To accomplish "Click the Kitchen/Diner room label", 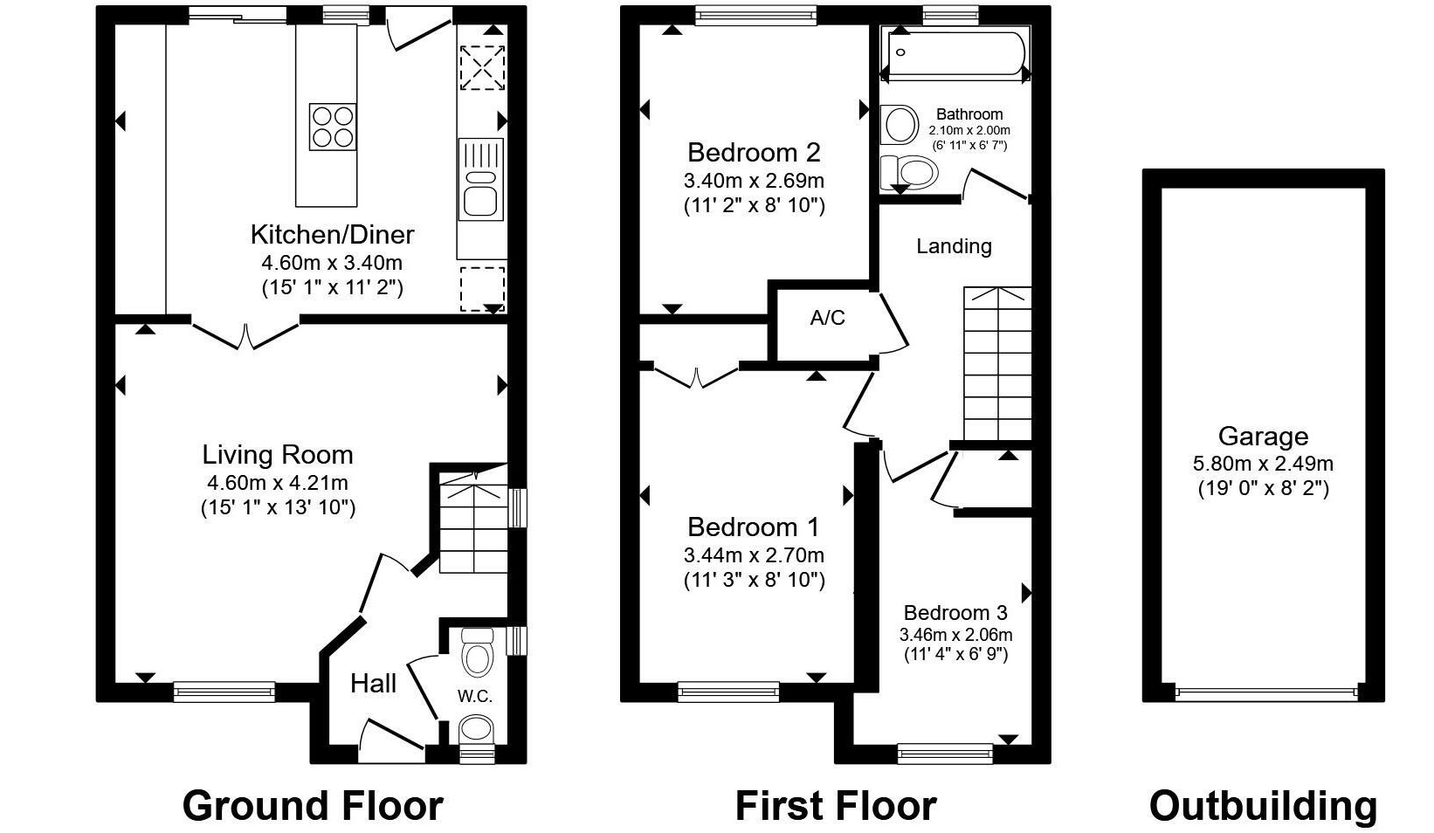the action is tap(332, 235).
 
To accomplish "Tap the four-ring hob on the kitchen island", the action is tap(333, 127).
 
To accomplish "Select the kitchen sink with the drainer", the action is tap(481, 179).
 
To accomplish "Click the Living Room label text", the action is tap(278, 455).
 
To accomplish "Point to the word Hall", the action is tap(373, 684).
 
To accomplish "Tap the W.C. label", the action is tap(474, 697).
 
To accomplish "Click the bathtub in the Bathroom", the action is tap(955, 54).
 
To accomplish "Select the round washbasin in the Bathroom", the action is tap(900, 124).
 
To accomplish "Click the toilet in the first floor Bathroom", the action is tap(909, 172).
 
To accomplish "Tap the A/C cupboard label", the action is tap(827, 318).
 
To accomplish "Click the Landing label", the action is tap(954, 246).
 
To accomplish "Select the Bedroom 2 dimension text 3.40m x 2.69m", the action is tap(755, 181).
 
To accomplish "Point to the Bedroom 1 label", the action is tap(754, 527).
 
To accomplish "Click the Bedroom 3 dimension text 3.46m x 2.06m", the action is tap(955, 635).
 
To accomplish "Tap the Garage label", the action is tap(1263, 437).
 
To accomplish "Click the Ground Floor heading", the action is tap(313, 805).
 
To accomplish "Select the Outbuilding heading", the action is tap(1263, 805).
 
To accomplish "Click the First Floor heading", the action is tap(836, 805).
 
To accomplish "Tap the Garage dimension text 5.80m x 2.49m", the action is tap(1263, 464).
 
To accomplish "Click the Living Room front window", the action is tap(224, 692).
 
